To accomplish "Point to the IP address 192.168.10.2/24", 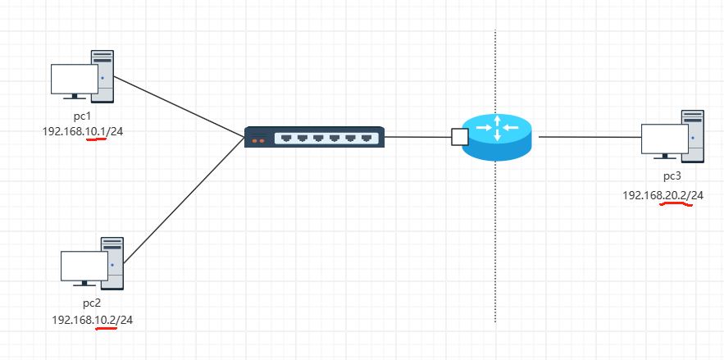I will tap(92, 319).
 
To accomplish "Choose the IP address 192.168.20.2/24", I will tap(663, 195).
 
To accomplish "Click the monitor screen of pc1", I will tap(74, 79).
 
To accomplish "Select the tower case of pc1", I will tap(103, 75).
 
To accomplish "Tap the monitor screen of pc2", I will tap(84, 266).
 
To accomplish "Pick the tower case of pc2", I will tap(113, 262).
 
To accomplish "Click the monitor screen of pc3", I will tap(664, 139).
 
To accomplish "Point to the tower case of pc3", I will tap(694, 135).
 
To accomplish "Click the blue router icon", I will tap(496, 137).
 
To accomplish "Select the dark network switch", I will tap(314, 137).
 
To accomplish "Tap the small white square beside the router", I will tap(459, 136).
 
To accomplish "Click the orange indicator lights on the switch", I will tap(258, 141).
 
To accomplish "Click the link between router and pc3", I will tap(589, 136).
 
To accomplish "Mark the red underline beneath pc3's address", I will tap(676, 205).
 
